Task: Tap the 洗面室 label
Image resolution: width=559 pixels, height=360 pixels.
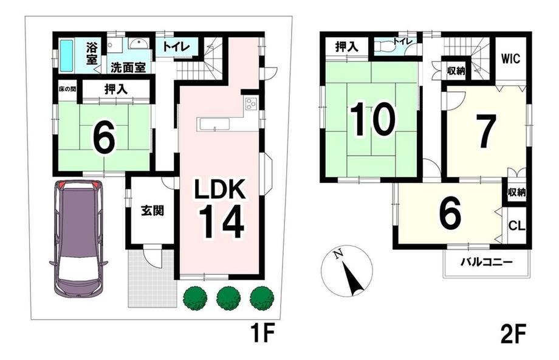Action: (x=128, y=67)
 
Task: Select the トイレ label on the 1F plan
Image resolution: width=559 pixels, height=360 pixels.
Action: (x=176, y=46)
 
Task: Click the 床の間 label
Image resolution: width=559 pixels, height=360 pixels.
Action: (x=67, y=89)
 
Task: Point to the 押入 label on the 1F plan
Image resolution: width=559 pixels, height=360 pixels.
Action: (x=116, y=89)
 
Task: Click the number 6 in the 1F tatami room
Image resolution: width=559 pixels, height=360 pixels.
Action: (x=104, y=139)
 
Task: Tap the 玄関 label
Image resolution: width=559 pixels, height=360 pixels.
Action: (x=153, y=211)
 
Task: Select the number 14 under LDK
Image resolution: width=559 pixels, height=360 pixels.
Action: (x=221, y=222)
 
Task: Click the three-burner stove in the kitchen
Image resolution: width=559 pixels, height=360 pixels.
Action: (x=250, y=103)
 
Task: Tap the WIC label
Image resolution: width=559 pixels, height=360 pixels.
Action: (x=510, y=58)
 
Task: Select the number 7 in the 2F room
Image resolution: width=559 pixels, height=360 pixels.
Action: (x=486, y=132)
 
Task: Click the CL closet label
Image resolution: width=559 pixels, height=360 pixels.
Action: (x=516, y=226)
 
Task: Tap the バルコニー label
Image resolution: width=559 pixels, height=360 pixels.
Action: (x=487, y=263)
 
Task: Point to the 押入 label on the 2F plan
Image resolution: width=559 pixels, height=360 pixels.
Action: (x=347, y=47)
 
